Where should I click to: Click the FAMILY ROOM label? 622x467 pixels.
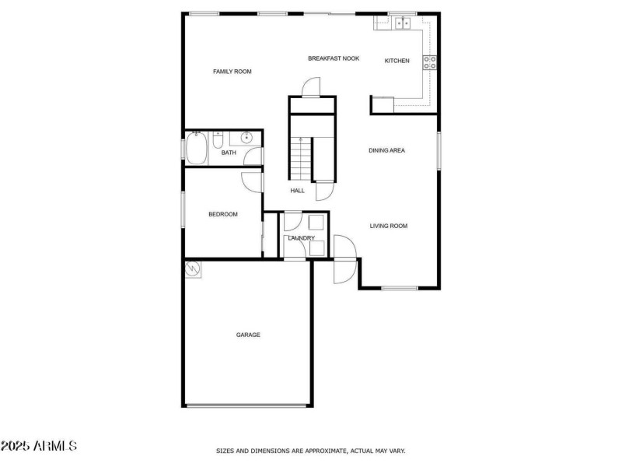coord(232,72)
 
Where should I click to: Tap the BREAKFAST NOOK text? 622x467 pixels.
coord(334,58)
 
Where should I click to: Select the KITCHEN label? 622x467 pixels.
coord(397,61)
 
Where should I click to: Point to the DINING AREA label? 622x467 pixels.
coord(386,150)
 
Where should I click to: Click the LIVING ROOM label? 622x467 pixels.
coord(388,226)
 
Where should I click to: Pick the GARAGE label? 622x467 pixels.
coord(248,335)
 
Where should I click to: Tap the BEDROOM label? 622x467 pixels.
coord(222,214)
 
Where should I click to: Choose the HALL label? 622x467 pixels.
coord(297,190)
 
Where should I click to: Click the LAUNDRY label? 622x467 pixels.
coord(301,237)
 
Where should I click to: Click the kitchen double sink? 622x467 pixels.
coord(403,23)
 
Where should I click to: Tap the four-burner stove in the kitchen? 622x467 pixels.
coord(429,62)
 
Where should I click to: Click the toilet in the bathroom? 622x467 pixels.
coord(218,141)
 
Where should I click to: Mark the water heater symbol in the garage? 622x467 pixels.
coord(192,269)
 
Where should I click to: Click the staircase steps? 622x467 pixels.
coord(300,157)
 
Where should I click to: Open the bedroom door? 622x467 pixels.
coord(252,181)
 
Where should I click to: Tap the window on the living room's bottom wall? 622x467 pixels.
coord(400,288)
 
